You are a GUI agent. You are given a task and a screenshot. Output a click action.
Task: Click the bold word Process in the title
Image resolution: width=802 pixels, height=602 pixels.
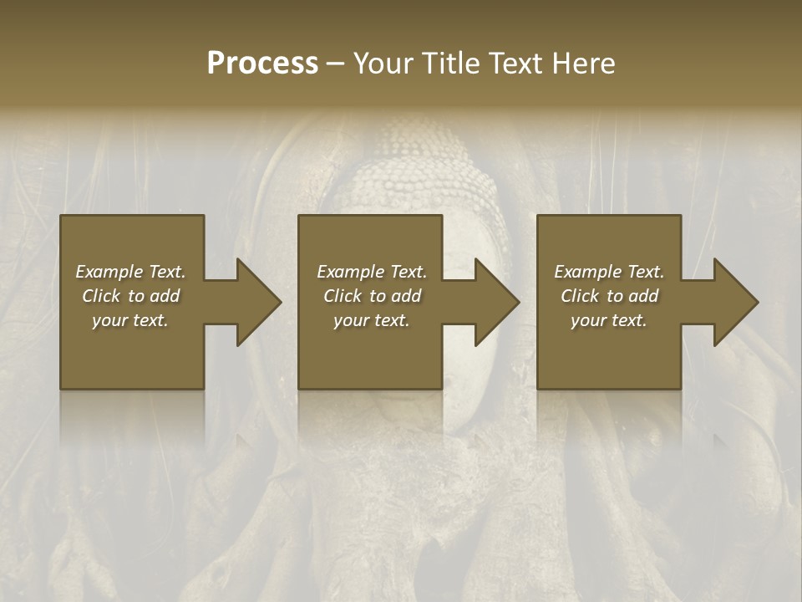[x=262, y=64]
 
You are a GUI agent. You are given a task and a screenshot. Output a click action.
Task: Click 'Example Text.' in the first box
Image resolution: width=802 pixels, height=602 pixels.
[x=130, y=272]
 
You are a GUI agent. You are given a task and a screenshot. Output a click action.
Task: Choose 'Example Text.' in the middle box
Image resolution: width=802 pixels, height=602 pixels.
[x=372, y=272]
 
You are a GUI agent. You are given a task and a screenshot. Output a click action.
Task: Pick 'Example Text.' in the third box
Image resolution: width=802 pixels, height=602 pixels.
[x=609, y=272]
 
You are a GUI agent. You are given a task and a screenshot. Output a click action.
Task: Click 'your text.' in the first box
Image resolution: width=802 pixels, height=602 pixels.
[x=130, y=320]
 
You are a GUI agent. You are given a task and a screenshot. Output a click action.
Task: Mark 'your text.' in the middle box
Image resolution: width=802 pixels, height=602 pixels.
[x=372, y=320]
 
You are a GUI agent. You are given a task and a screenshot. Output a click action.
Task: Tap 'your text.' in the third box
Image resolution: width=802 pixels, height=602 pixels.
[x=609, y=320]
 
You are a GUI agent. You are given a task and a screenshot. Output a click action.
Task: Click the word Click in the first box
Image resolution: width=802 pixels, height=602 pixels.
[x=102, y=296]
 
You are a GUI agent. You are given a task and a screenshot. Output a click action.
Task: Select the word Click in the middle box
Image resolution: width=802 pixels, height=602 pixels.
[x=343, y=296]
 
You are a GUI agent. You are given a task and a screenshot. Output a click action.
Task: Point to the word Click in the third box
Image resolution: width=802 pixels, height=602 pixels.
[x=581, y=296]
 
